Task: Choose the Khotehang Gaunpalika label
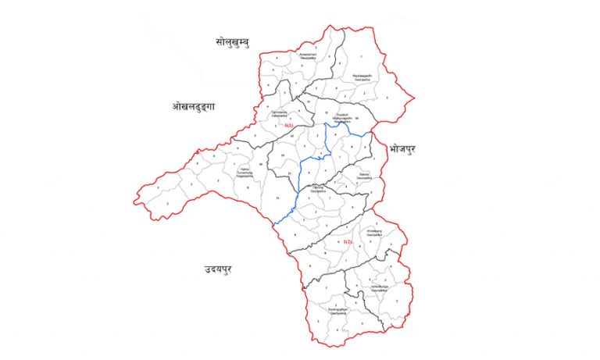[373, 233]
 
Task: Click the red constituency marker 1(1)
[289, 126]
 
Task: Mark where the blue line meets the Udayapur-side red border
[274, 223]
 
